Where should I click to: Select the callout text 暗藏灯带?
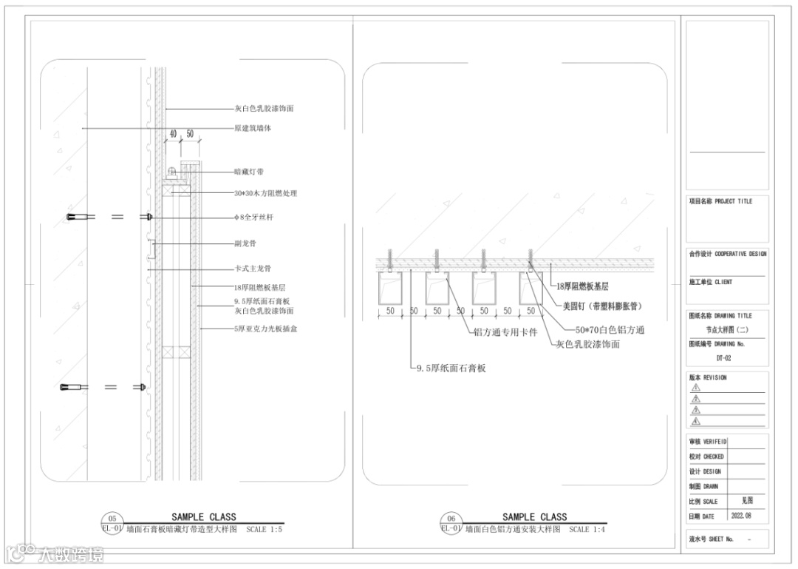(249, 172)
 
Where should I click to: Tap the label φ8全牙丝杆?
(254, 218)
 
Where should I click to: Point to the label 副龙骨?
(245, 243)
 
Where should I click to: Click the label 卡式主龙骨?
(253, 269)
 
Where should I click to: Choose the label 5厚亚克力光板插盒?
(266, 329)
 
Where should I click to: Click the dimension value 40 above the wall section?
(174, 134)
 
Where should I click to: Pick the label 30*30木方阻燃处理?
(265, 193)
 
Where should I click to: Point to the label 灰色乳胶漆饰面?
(587, 344)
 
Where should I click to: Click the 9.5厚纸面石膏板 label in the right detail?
(450, 368)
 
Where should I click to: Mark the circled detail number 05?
(112, 519)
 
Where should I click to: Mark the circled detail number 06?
(451, 519)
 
